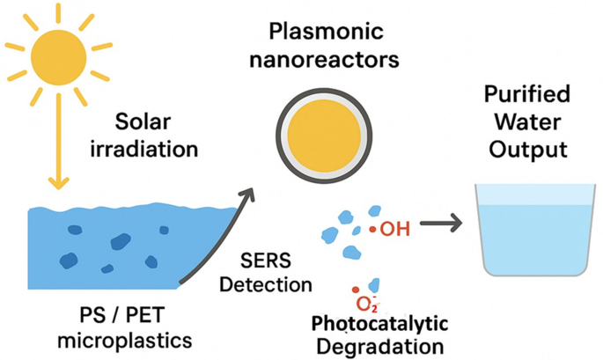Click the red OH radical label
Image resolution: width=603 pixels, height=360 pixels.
[390, 230]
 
